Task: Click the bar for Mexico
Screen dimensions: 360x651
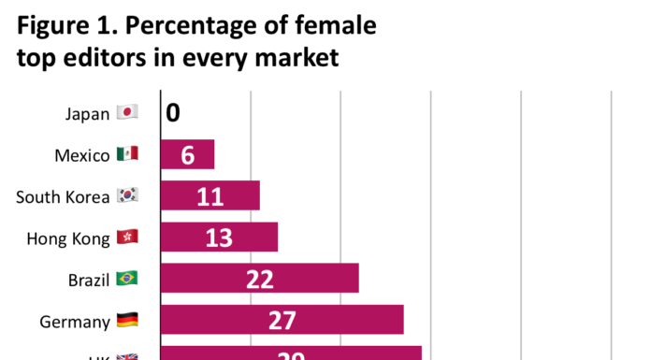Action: tap(187, 154)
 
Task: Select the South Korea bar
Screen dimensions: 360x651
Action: tap(210, 195)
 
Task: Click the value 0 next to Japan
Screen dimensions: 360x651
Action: tap(173, 113)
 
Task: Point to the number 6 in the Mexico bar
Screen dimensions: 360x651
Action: tap(188, 154)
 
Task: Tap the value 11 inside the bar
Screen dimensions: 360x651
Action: tap(210, 196)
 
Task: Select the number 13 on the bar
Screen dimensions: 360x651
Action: tap(219, 238)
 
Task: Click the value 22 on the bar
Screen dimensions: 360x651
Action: tap(259, 279)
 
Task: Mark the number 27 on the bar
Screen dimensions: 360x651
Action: tap(282, 320)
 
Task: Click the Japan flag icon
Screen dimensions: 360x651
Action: tap(127, 113)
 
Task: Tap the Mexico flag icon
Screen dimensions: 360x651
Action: tap(127, 154)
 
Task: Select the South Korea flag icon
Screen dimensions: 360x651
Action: tap(127, 195)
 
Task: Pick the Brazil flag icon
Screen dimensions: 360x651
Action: tap(127, 278)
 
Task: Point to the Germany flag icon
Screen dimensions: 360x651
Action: tap(127, 321)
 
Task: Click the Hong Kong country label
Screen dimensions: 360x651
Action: tap(68, 238)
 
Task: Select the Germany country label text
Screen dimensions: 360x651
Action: tap(75, 322)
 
